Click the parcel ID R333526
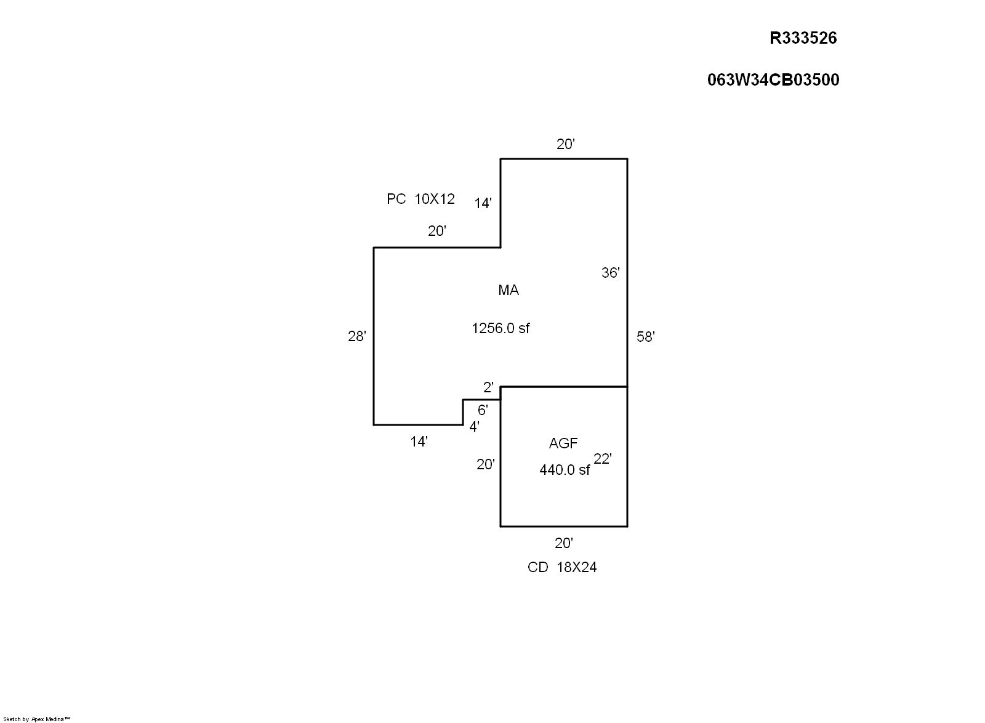pyautogui.click(x=803, y=38)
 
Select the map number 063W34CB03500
pyautogui.click(x=773, y=80)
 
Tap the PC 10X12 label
pyautogui.click(x=420, y=199)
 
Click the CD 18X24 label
pyautogui.click(x=562, y=567)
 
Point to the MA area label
pyautogui.click(x=509, y=290)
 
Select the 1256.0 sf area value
pyautogui.click(x=501, y=328)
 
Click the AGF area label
pyautogui.click(x=563, y=443)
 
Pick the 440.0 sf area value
pyautogui.click(x=565, y=470)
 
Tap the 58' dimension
pyautogui.click(x=646, y=337)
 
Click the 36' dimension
pyautogui.click(x=610, y=273)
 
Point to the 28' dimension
pyautogui.click(x=356, y=336)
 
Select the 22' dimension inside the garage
pyautogui.click(x=603, y=459)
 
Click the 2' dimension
pyautogui.click(x=488, y=387)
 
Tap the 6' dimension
pyautogui.click(x=483, y=410)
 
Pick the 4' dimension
pyautogui.click(x=474, y=427)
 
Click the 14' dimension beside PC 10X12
pyautogui.click(x=483, y=204)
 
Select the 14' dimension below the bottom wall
pyautogui.click(x=419, y=442)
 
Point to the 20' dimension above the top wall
pyautogui.click(x=566, y=144)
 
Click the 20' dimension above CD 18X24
pyautogui.click(x=564, y=544)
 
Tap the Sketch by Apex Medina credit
pyautogui.click(x=36, y=719)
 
